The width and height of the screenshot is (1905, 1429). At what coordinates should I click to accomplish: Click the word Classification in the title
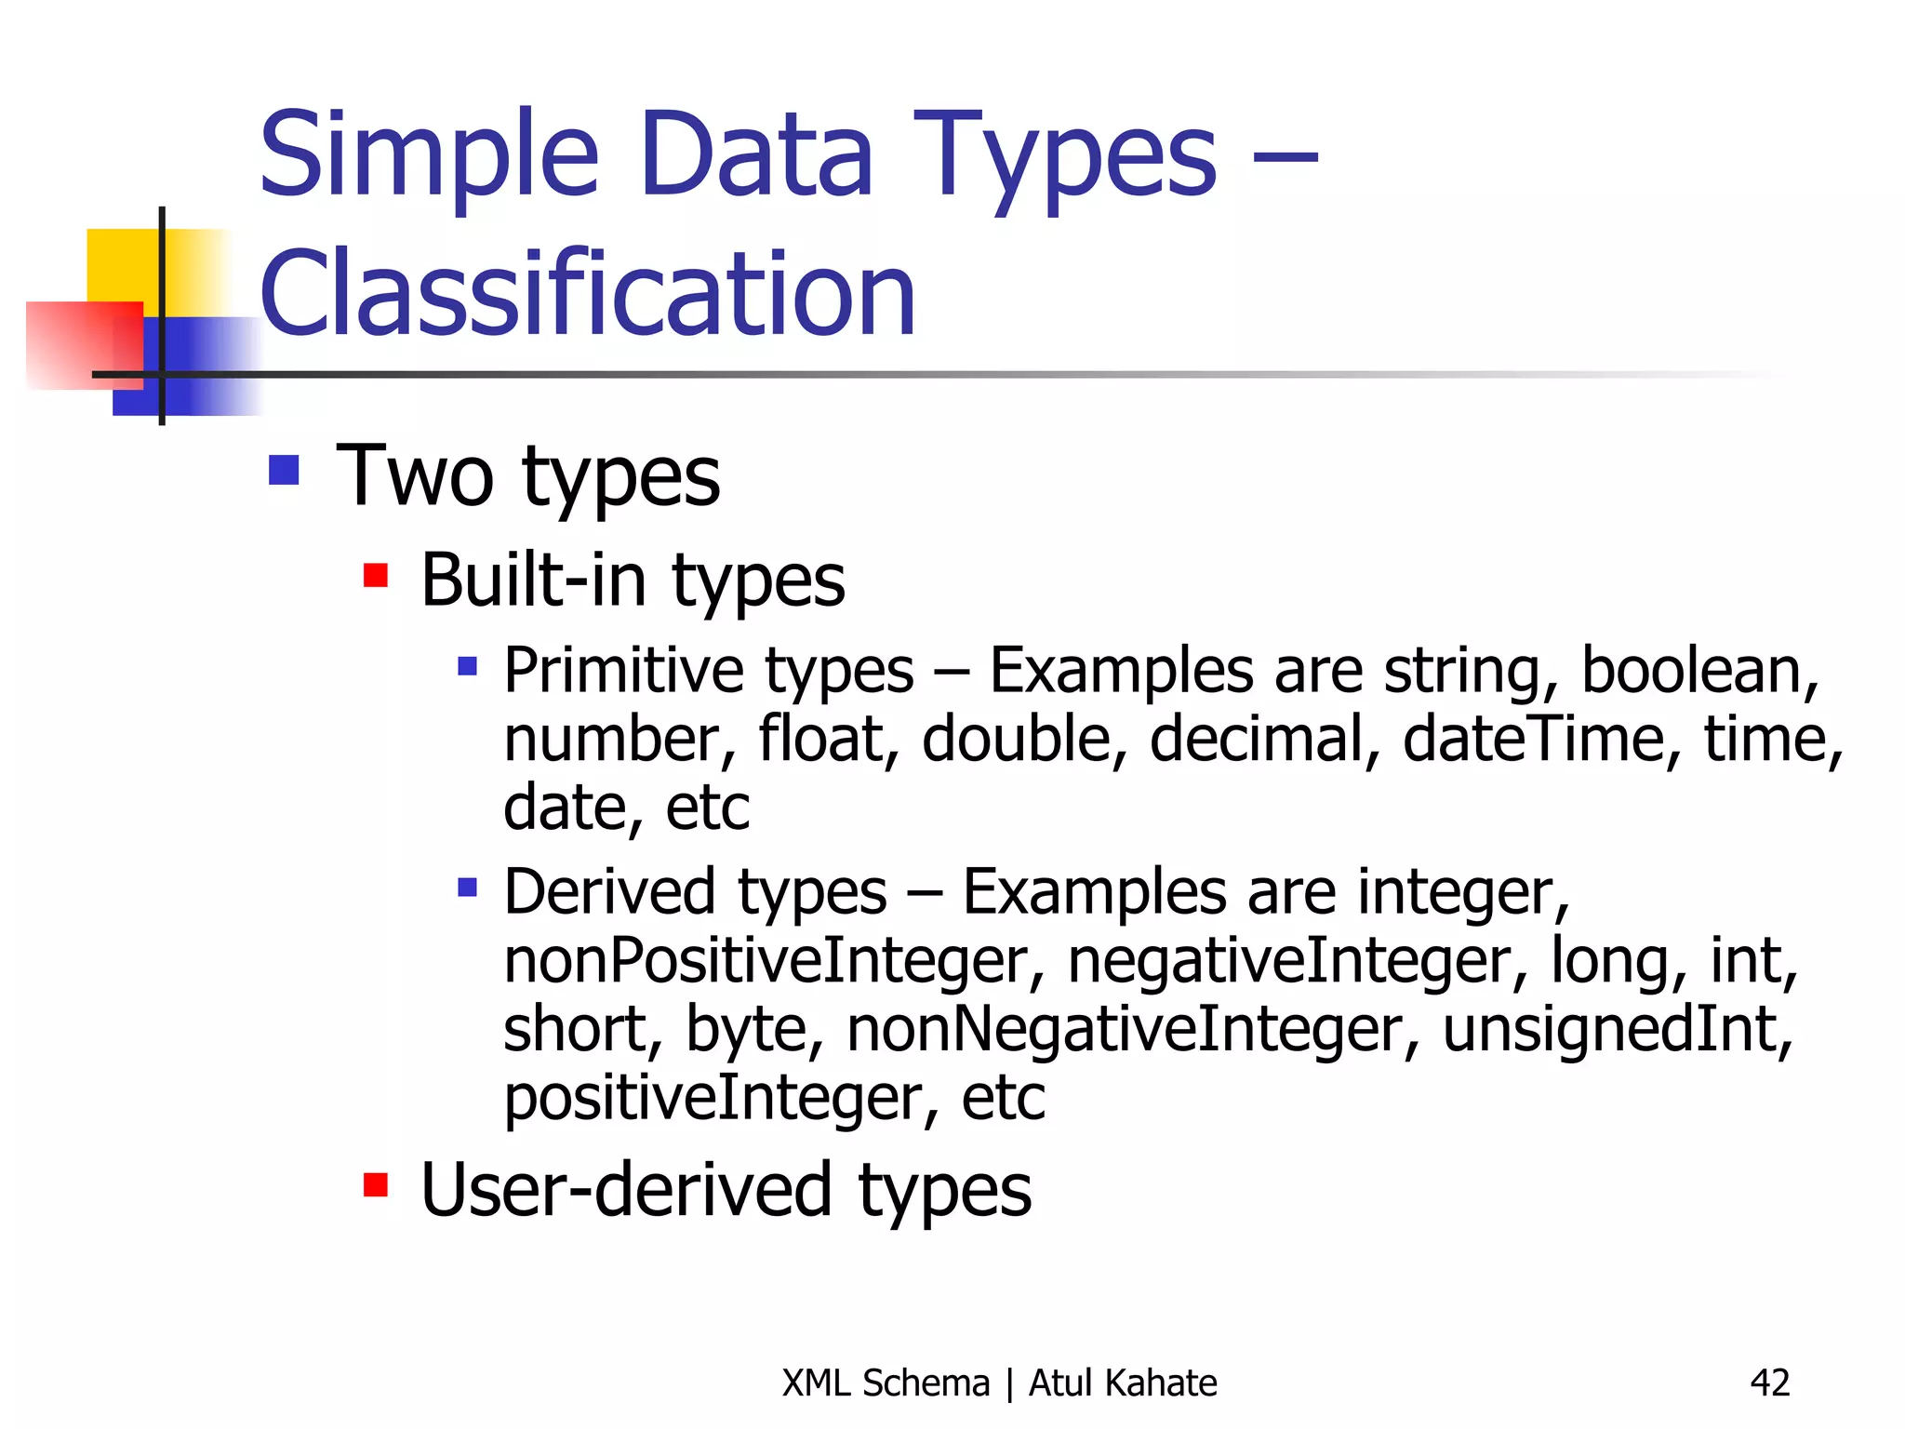coord(588,294)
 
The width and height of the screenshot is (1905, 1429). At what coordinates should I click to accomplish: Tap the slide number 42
coord(1769,1382)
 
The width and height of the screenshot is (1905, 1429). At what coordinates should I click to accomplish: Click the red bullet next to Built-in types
coord(376,576)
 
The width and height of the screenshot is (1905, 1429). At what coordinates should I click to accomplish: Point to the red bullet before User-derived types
coord(376,1185)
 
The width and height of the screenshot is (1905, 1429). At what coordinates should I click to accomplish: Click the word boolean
coord(1699,671)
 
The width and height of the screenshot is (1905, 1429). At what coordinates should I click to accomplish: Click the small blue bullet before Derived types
coord(468,888)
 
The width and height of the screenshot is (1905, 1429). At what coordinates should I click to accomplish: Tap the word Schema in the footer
coord(926,1382)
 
